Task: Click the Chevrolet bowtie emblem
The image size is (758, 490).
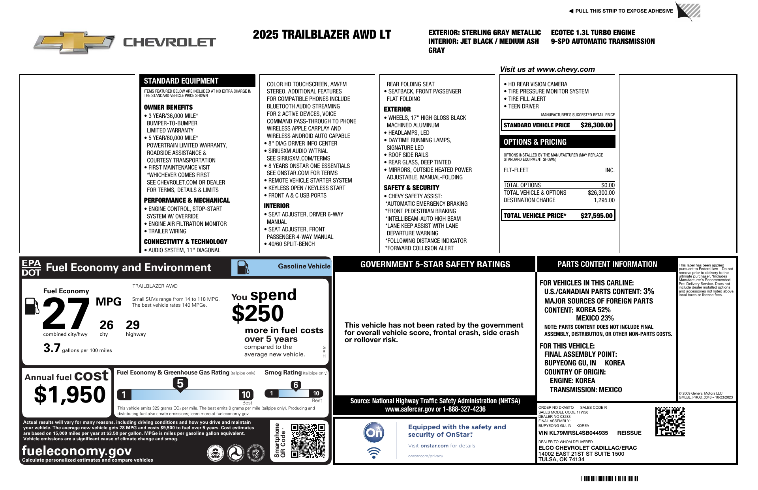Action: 74,42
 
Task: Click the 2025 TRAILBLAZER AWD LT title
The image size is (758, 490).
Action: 322,35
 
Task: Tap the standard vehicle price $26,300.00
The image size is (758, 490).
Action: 596,125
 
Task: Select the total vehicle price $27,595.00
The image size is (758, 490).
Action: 596,216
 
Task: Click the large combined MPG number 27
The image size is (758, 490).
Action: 66,314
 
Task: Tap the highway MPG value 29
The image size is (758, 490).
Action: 133,325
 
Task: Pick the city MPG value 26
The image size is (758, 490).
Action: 106,325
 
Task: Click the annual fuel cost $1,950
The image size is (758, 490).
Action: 70,395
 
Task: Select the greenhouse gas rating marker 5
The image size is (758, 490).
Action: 180,384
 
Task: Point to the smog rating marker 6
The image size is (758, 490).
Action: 296,385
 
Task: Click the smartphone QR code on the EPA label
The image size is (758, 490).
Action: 308,440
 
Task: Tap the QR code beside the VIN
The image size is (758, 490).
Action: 670,421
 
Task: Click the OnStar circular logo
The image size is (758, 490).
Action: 373,432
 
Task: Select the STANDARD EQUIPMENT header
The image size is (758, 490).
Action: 181,81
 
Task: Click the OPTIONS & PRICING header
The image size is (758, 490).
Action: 535,142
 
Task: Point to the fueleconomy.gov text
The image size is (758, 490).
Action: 77,451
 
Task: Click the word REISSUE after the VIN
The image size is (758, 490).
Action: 629,433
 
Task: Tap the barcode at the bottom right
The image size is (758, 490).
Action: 610,479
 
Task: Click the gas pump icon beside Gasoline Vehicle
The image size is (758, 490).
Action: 243,268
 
